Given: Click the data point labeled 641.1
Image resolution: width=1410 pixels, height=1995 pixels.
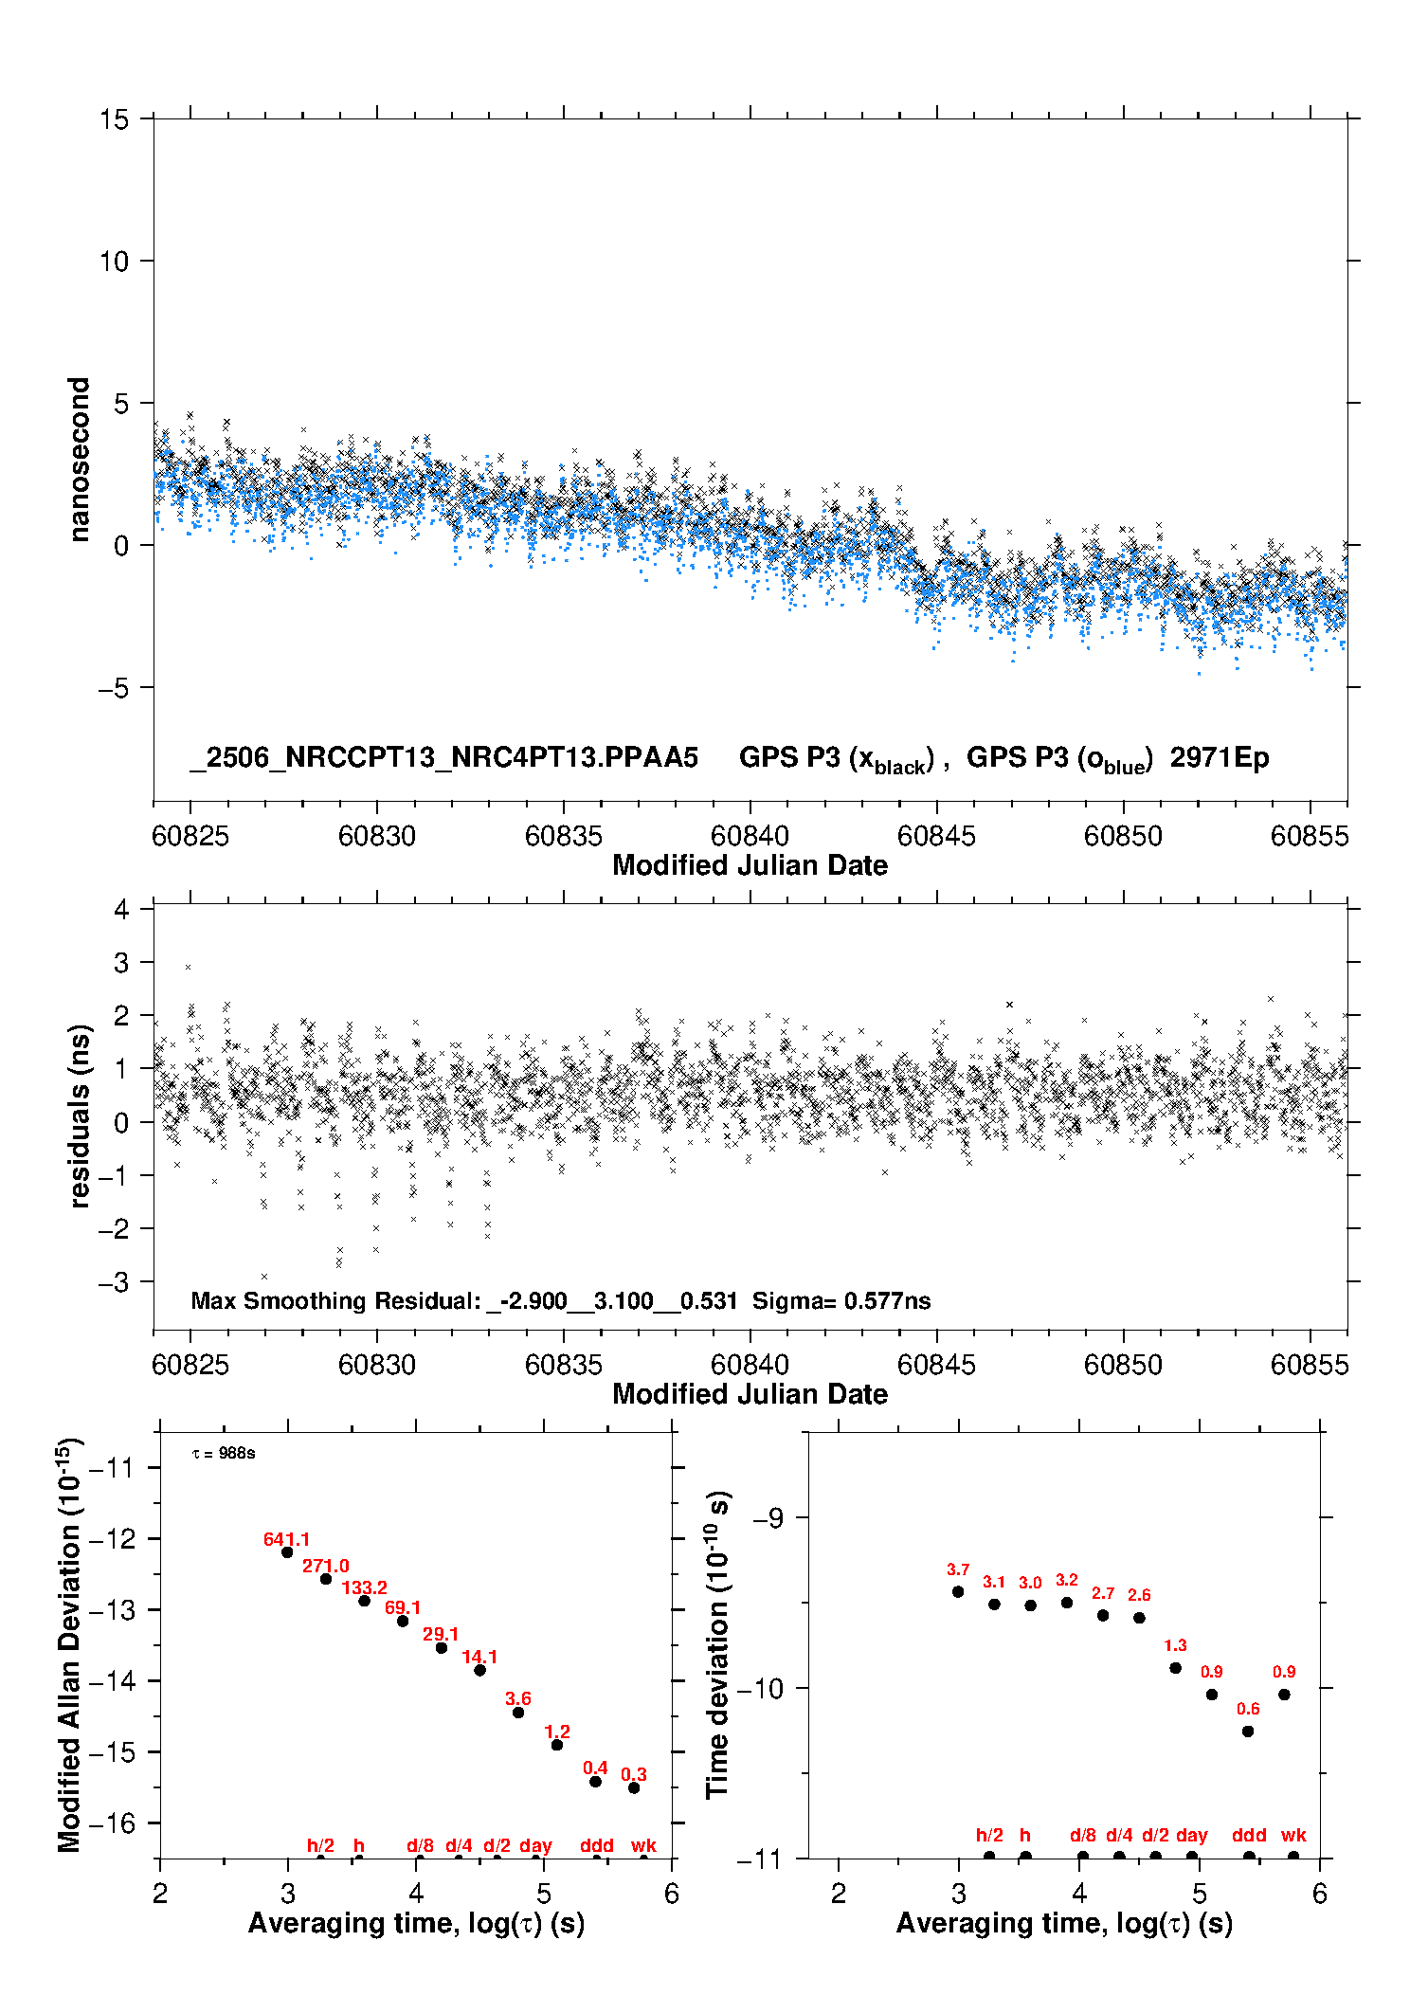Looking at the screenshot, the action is pyautogui.click(x=287, y=1552).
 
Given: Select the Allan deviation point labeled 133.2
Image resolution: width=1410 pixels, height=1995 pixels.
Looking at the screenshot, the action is pyautogui.click(x=364, y=1601).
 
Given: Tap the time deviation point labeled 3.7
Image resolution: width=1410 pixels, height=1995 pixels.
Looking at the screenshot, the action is pyautogui.click(x=958, y=1591).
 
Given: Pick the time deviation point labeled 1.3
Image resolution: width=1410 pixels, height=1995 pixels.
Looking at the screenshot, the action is pyautogui.click(x=1175, y=1668).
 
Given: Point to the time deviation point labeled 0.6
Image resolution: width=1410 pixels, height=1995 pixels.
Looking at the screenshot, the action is pyautogui.click(x=1248, y=1732).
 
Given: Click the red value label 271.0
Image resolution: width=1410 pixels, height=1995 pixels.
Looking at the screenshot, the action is pyautogui.click(x=325, y=1567).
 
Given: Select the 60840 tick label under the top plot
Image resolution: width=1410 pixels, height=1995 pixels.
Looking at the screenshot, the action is pyautogui.click(x=750, y=836).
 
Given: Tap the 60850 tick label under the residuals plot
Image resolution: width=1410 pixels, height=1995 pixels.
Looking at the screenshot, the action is pyautogui.click(x=1123, y=1365).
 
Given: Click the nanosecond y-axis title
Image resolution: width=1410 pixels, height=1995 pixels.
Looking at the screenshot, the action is pyautogui.click(x=79, y=460).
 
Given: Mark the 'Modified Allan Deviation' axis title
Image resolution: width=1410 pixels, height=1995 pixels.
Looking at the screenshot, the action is pyautogui.click(x=69, y=1645).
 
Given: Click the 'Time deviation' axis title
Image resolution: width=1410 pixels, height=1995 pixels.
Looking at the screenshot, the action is pyautogui.click(x=717, y=1645).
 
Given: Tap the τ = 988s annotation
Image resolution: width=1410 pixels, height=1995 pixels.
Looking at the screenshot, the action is pyautogui.click(x=224, y=1454).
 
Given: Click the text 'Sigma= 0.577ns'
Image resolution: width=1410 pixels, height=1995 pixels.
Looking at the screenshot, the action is pyautogui.click(x=841, y=1301).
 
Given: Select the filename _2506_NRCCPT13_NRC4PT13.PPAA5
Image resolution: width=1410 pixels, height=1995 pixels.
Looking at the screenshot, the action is pyautogui.click(x=443, y=757).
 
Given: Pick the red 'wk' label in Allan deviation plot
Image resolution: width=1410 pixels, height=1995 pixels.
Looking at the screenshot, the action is pyautogui.click(x=643, y=1845).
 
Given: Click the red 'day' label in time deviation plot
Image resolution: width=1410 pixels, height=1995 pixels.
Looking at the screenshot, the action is pyautogui.click(x=1191, y=1836).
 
